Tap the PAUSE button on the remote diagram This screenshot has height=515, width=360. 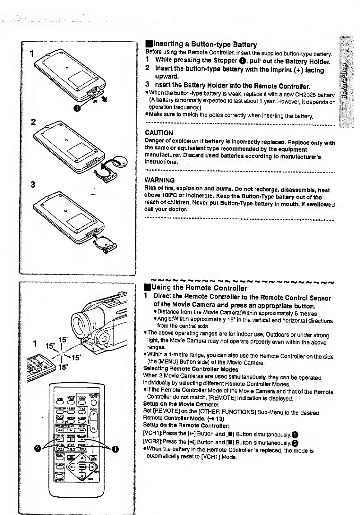pyautogui.click(x=72, y=439)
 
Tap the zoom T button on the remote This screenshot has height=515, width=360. pyautogui.click(x=94, y=414)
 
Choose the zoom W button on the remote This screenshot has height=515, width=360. pyautogui.click(x=94, y=429)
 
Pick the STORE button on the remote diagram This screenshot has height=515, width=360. pyautogui.click(x=59, y=467)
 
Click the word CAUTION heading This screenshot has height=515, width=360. pyautogui.click(x=159, y=133)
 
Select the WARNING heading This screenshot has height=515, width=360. pyautogui.click(x=160, y=180)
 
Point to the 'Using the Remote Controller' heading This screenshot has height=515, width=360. pyautogui.click(x=199, y=288)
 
